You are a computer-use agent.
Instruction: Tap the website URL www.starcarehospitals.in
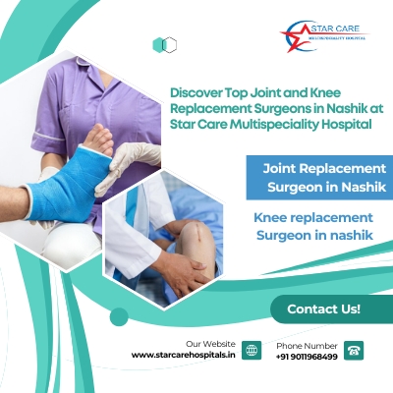pos(183,355)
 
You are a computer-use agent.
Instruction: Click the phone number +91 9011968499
pos(307,357)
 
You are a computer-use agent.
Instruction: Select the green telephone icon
pos(354,351)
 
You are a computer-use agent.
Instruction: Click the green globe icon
pos(252,350)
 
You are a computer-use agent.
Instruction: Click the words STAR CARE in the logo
pos(335,28)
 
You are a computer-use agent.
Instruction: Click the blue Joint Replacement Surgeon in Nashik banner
pos(319,178)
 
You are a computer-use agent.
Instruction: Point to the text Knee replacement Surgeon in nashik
pos(314,226)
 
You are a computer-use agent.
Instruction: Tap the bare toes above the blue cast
pos(98,140)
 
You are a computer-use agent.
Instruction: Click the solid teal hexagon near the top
pos(158,45)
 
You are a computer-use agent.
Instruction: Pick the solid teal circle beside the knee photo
pos(119,317)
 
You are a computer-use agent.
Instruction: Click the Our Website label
pos(210,344)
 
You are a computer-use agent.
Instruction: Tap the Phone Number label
pos(307,346)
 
